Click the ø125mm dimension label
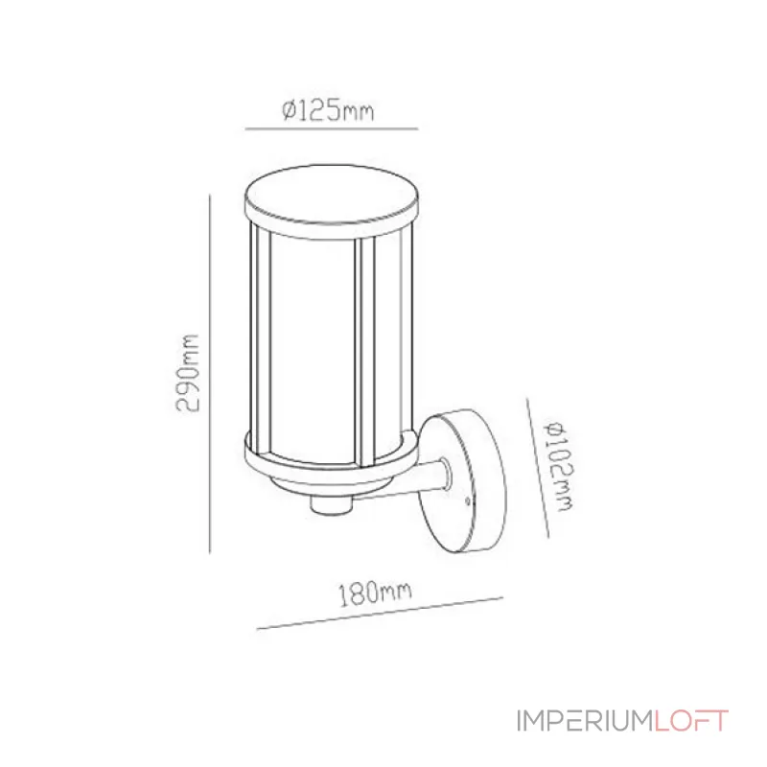(328, 110)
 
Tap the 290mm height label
(188, 373)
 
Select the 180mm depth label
(375, 593)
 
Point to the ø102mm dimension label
(558, 466)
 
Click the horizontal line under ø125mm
(332, 128)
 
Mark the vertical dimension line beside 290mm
(209, 374)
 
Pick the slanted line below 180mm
(380, 613)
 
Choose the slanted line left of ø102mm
(538, 468)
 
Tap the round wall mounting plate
(462, 481)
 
